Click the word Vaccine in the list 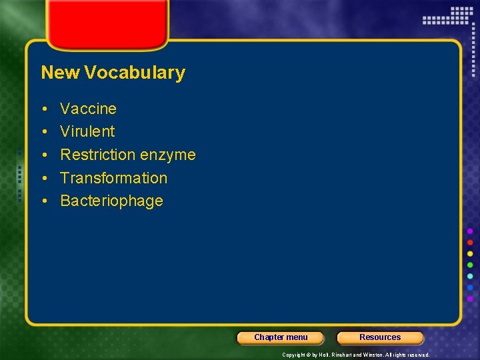88,109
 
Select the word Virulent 87,131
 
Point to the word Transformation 113,178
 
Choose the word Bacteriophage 111,201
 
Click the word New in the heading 60,73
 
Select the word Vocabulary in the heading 135,73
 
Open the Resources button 380,337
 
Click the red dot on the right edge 470,242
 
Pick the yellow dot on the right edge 470,253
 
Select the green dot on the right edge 470,265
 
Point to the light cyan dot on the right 470,276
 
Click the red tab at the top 107,23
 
